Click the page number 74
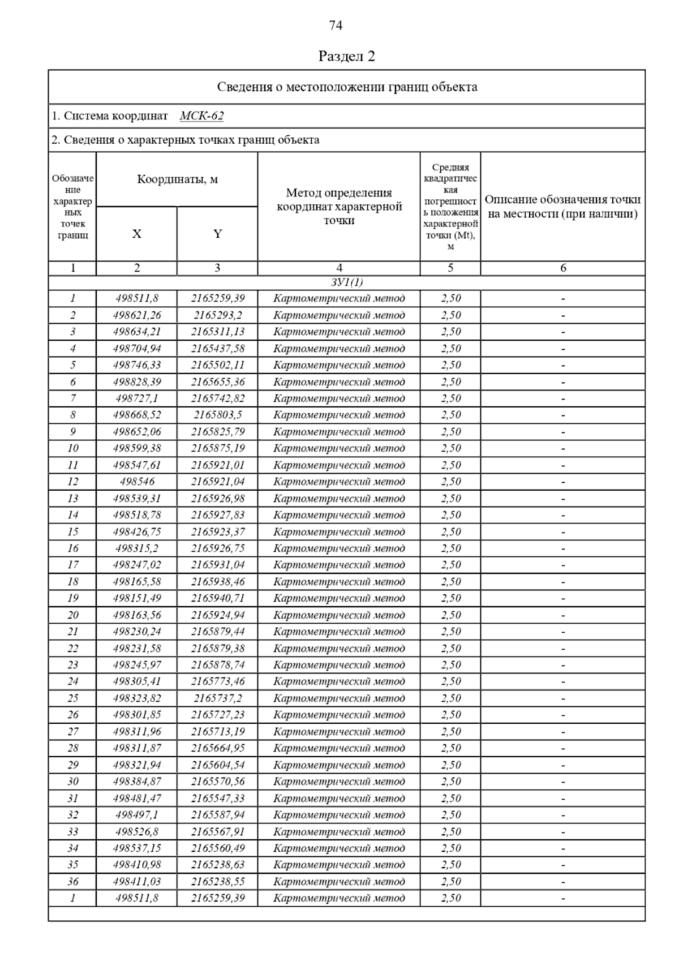tap(336, 25)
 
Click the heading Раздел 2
tap(346, 56)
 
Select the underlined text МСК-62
tap(201, 116)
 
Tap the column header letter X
tap(136, 234)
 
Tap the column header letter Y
tap(217, 234)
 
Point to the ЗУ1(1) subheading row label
tap(346, 282)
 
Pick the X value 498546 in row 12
tap(137, 482)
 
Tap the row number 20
tap(73, 615)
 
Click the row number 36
tap(73, 881)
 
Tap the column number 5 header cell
tap(450, 268)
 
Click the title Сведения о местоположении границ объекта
tap(347, 87)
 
